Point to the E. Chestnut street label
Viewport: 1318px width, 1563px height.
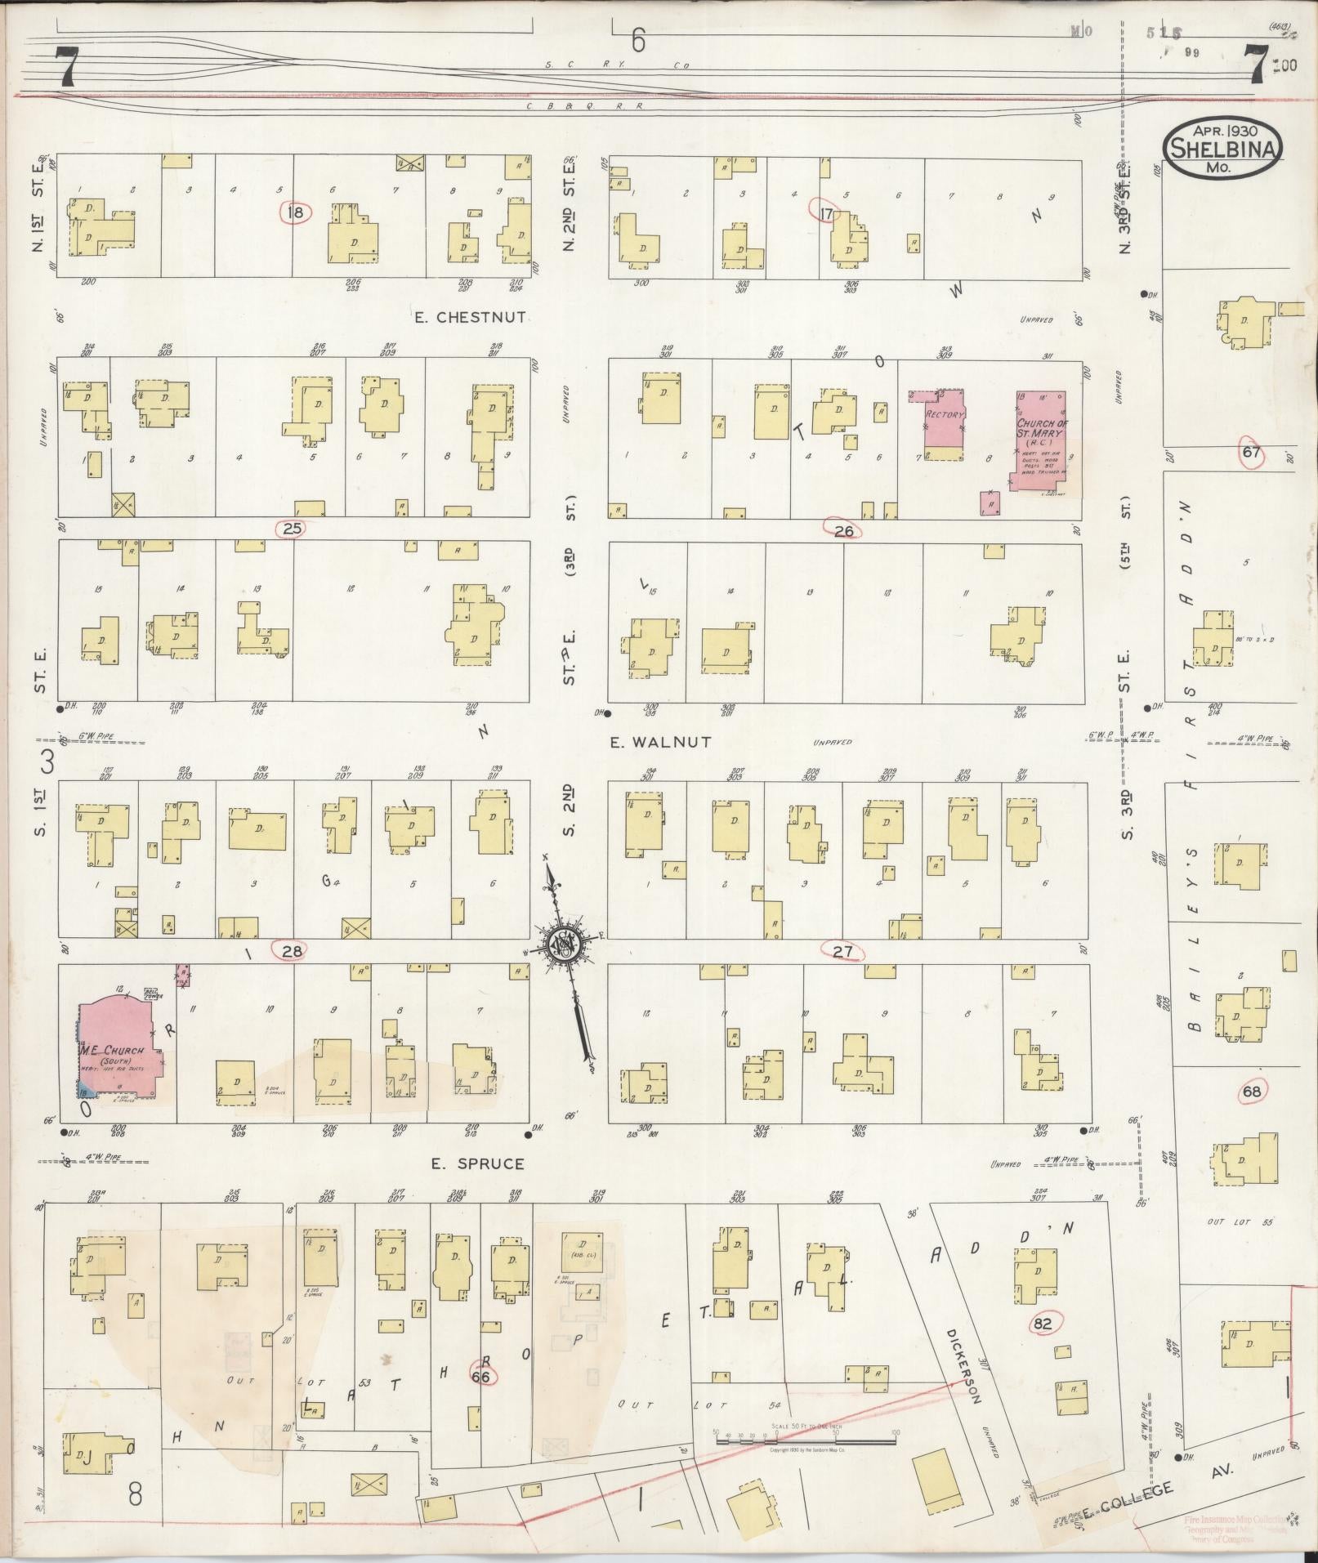pos(469,317)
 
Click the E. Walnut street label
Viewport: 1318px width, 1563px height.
pos(661,742)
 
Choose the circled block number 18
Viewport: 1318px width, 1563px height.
pos(295,213)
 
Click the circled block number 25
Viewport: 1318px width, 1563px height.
pos(292,529)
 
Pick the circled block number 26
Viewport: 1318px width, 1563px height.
pos(843,530)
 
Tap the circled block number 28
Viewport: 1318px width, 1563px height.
pos(292,950)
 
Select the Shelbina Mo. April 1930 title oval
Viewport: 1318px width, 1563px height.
pos(1223,149)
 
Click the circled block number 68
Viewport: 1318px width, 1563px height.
pos(1251,1092)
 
